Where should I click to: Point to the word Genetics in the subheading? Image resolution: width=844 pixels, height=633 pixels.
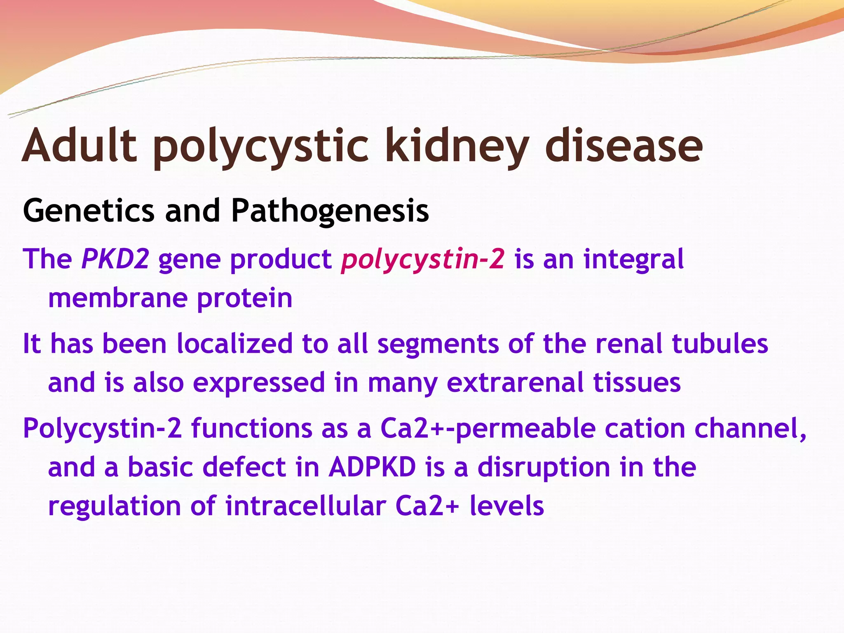(89, 211)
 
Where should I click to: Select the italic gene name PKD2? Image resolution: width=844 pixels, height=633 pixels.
(115, 259)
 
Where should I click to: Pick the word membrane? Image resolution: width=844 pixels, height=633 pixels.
(117, 298)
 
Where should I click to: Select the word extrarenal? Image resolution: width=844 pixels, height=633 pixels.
(515, 383)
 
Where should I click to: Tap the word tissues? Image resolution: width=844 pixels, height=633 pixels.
(636, 382)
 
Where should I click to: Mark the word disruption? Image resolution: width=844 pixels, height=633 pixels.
(544, 468)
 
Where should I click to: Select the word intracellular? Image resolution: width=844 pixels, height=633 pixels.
(305, 506)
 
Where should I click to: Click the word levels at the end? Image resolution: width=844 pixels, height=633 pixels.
(506, 506)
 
